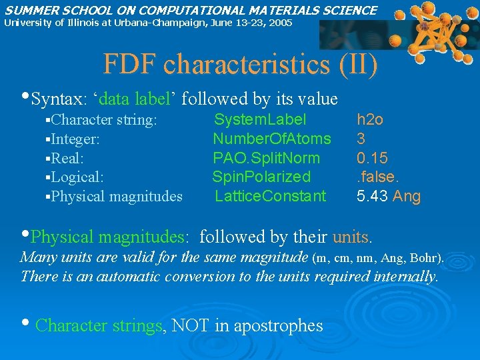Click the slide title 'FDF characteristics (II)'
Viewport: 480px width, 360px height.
(x=240, y=64)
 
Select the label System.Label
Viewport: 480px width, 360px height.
(x=260, y=120)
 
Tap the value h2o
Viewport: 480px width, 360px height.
(x=370, y=120)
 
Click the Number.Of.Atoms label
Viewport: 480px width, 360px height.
(x=271, y=139)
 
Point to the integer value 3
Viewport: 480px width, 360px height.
(x=361, y=139)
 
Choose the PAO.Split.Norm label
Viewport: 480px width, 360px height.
(x=266, y=158)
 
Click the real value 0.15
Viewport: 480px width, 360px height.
(x=371, y=158)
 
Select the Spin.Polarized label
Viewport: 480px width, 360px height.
(x=261, y=177)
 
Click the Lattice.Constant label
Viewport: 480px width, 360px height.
(x=270, y=196)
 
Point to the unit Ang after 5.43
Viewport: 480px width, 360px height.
(x=407, y=196)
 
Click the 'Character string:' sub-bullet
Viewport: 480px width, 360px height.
(x=104, y=120)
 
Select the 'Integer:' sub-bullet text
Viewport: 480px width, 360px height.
(x=76, y=139)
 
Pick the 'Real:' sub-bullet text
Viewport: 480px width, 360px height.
(x=68, y=158)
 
